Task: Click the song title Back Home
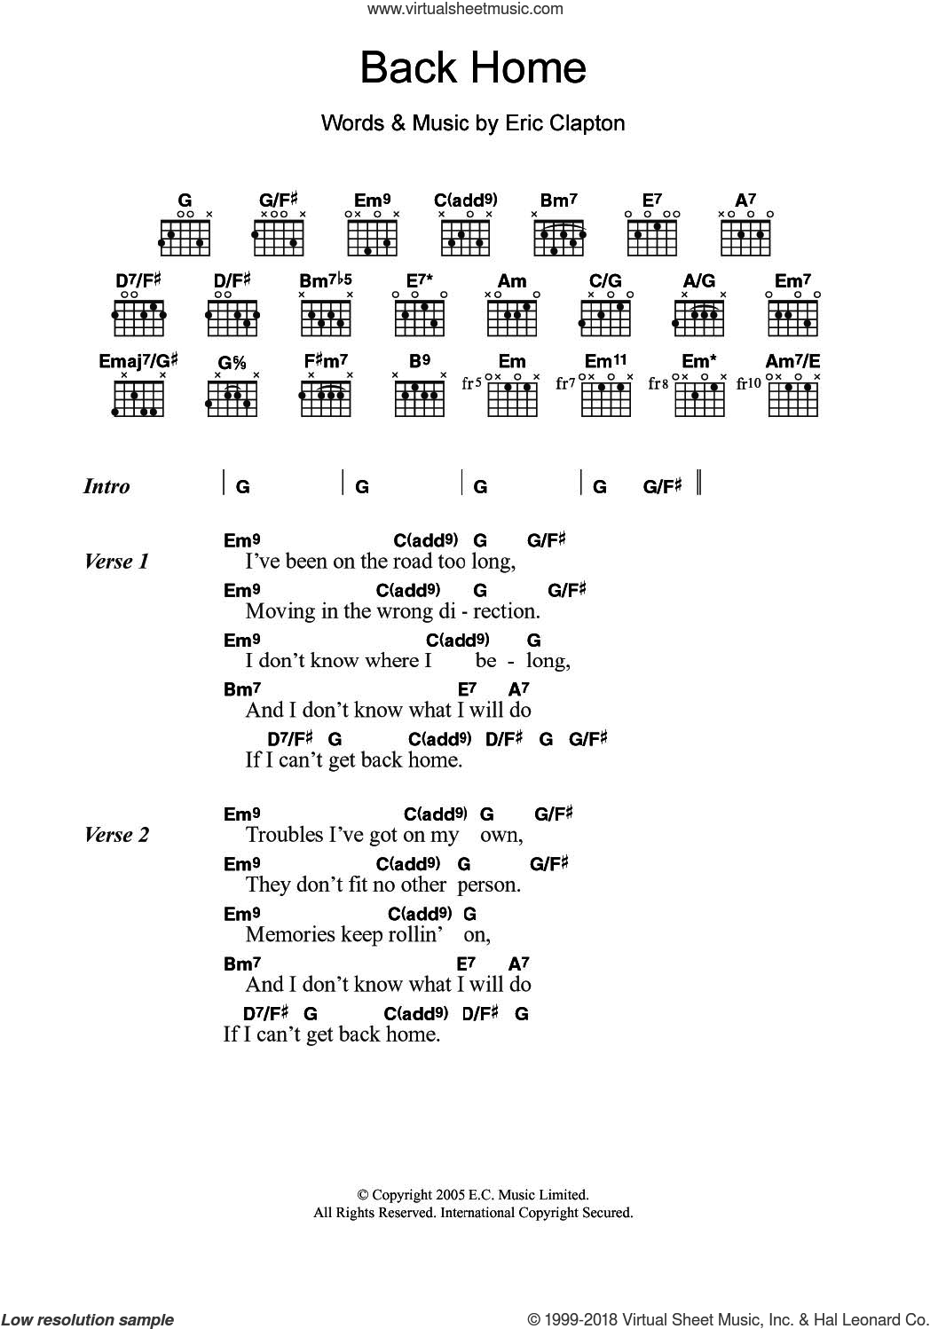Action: coord(473,68)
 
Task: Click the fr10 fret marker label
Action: coord(750,383)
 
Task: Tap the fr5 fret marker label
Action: coord(471,383)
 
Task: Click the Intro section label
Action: coord(106,486)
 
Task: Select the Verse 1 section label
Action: coord(116,562)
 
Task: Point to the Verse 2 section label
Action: coord(116,835)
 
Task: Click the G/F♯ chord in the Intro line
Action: coord(662,486)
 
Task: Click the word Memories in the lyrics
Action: coord(286,934)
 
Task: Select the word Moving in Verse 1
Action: coord(274,611)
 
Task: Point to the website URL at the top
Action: coord(465,10)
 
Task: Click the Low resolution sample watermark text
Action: coord(88,1319)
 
